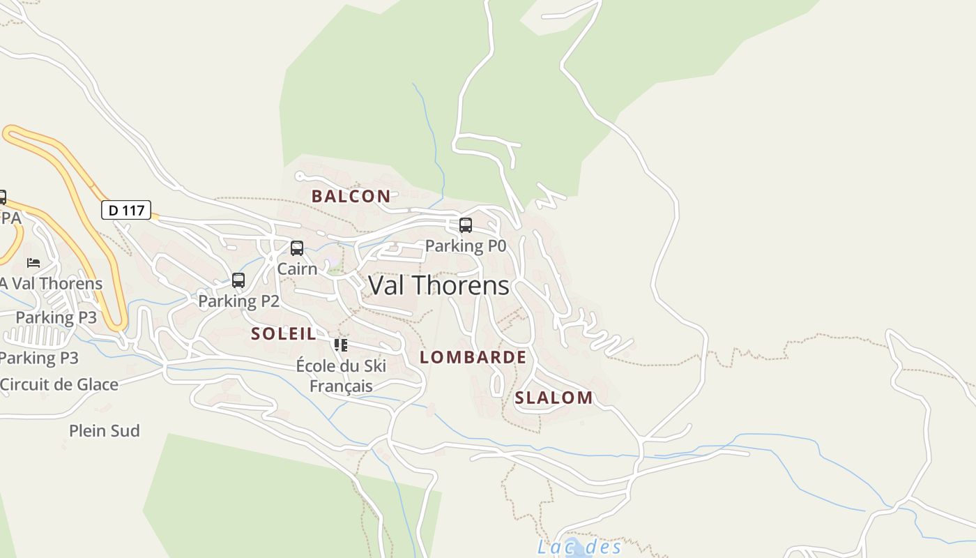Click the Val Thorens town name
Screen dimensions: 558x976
point(439,285)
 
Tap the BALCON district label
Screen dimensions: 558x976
point(351,196)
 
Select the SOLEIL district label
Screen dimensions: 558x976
point(284,333)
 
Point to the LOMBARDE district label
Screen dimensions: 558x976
point(473,357)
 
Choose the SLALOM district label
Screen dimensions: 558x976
point(554,398)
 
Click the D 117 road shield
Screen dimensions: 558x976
point(126,210)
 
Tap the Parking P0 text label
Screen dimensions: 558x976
point(466,246)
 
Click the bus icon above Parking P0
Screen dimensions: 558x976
point(466,225)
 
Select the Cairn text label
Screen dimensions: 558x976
point(297,269)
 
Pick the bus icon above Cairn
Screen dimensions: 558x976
point(297,248)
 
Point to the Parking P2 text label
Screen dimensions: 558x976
point(238,301)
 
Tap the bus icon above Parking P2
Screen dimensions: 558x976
point(238,280)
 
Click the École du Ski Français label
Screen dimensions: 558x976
point(341,375)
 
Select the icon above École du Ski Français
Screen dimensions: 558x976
point(341,345)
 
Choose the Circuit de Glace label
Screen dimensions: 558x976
point(59,384)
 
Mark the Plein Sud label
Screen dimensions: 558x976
point(105,430)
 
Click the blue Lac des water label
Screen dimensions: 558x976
point(579,546)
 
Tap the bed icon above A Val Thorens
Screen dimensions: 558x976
point(33,263)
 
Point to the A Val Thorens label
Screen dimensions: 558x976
point(51,284)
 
